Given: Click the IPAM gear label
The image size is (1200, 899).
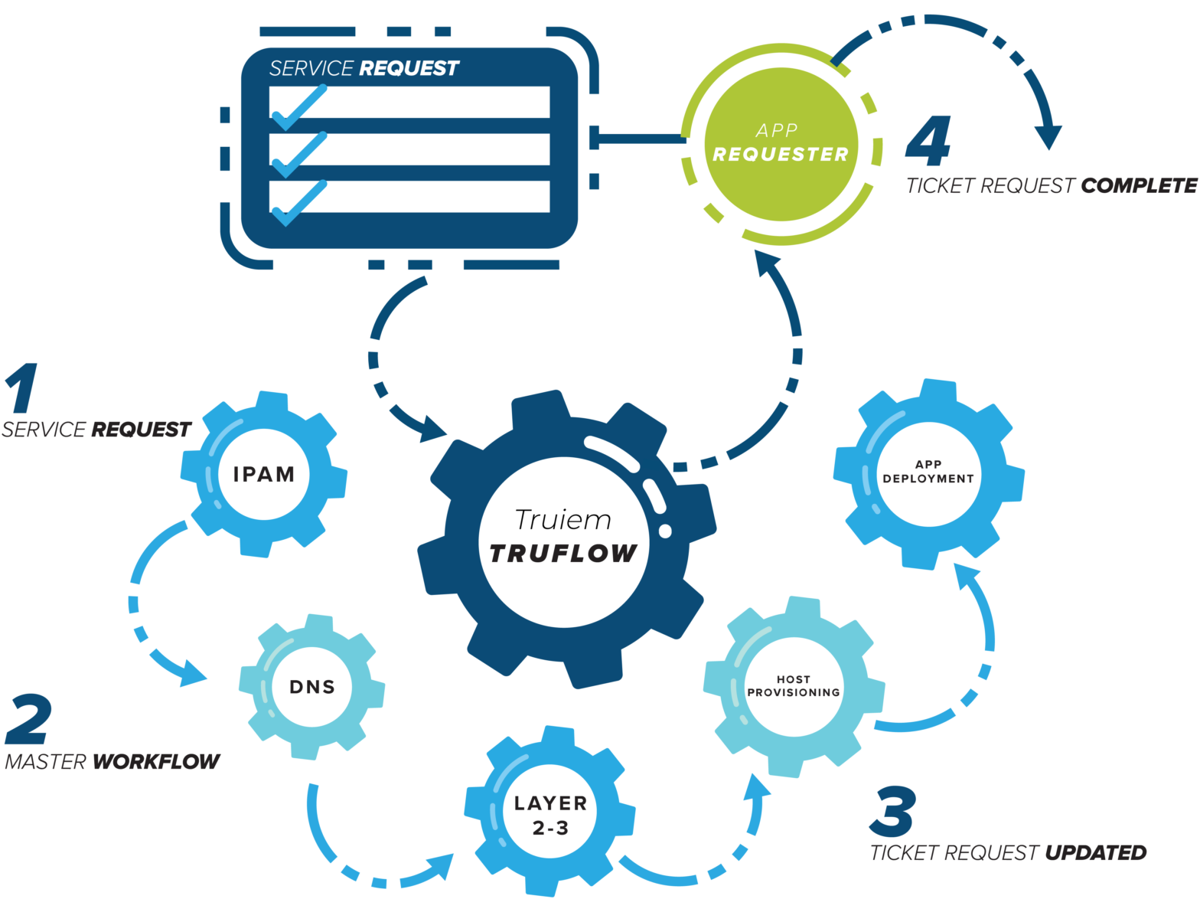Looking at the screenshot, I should pos(264,474).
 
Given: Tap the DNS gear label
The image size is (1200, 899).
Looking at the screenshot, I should pos(312,687).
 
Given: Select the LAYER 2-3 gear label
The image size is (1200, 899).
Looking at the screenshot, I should pos(550,815).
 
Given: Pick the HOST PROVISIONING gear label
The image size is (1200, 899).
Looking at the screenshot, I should pos(794,686).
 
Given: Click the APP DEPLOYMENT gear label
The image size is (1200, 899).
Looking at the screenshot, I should pos(928,471).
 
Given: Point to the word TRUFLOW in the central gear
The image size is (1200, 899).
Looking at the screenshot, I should pos(563,553).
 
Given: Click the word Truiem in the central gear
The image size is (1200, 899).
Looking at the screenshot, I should pos(563,520).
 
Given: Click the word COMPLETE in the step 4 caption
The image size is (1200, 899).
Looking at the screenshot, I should pos(1139,185).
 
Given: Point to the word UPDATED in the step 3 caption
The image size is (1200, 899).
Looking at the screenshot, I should pos(1095,852).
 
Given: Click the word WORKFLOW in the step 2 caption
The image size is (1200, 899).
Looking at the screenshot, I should pos(156,761).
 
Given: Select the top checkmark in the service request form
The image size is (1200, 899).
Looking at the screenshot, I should pos(298,107).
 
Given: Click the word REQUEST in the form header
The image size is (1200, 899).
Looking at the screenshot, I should pos(409,68).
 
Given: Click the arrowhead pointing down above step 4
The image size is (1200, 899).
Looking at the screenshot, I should pos(1048,137).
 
